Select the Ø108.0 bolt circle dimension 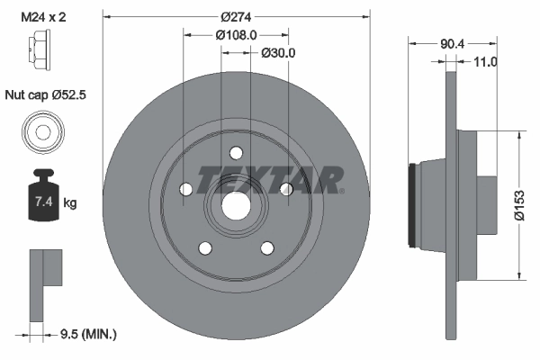[x=237, y=34]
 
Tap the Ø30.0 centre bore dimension [x=278, y=53]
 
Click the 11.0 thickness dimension [x=485, y=61]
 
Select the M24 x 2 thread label [x=44, y=14]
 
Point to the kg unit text [x=70, y=203]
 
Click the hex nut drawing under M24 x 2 [x=41, y=49]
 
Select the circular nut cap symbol [x=41, y=134]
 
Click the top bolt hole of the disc [x=236, y=152]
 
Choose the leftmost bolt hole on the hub [x=186, y=189]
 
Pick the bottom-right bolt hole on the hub [x=266, y=247]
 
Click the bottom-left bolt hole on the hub [x=205, y=247]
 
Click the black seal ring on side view [x=413, y=204]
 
